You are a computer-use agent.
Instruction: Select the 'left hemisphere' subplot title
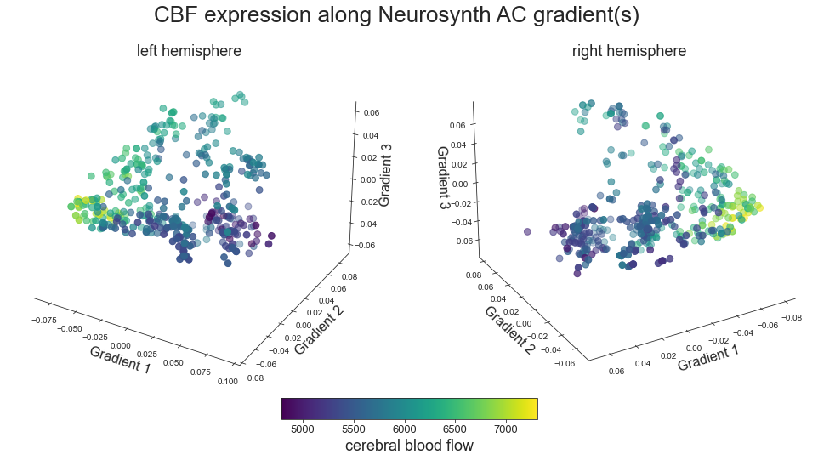coord(189,51)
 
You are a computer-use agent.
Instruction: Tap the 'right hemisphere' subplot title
coord(629,51)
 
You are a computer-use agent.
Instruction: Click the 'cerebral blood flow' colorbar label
coord(409,446)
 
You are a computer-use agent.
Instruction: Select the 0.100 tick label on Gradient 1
coord(227,381)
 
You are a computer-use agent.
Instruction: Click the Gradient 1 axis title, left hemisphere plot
coord(120,360)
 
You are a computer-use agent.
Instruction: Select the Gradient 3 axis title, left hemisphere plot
coord(384,174)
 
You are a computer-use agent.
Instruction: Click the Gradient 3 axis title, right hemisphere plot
coord(443,178)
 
